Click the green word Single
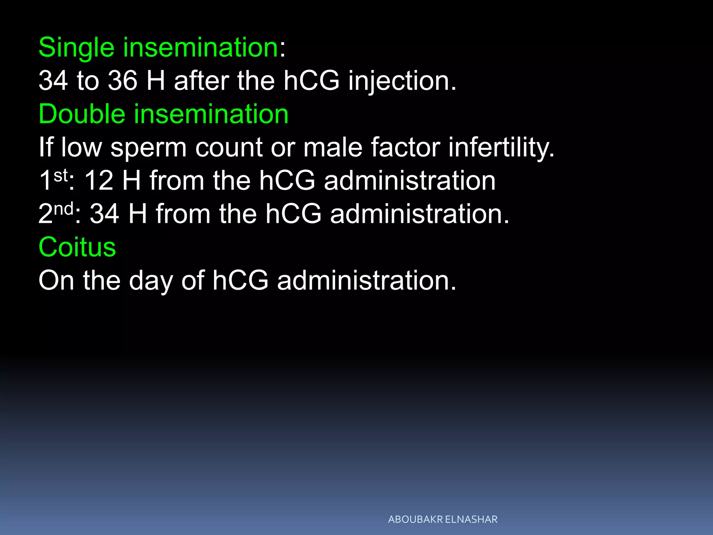click(x=76, y=48)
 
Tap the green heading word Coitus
click(x=77, y=247)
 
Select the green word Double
click(x=82, y=114)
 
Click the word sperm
click(x=149, y=148)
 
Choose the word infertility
click(x=501, y=148)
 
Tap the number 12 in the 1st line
click(x=99, y=181)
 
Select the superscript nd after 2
click(x=63, y=209)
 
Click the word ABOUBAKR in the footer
click(x=415, y=519)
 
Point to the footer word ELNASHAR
click(x=471, y=519)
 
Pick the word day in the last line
click(x=151, y=281)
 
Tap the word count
click(x=229, y=148)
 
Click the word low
click(x=81, y=148)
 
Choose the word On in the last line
click(x=56, y=281)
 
